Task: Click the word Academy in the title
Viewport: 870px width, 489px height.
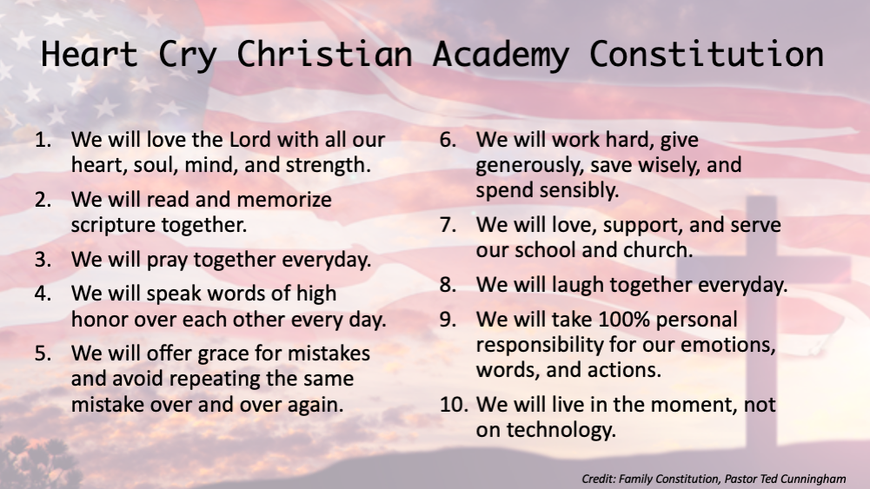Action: coord(501,55)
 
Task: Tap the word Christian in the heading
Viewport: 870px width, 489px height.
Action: coord(324,54)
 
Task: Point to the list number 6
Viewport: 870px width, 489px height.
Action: coord(448,140)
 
